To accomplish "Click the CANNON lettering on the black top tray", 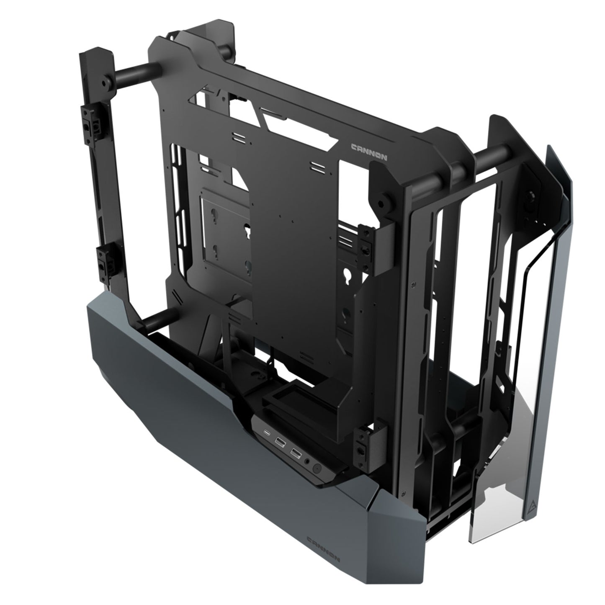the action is coord(368,152).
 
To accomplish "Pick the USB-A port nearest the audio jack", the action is coord(296,453).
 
